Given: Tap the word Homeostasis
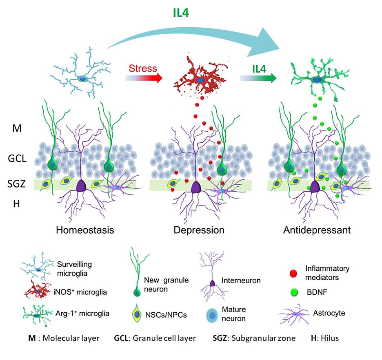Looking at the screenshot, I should pos(84,230).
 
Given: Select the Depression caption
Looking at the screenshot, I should pos(199,230).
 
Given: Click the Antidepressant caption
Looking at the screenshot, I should pos(317,230).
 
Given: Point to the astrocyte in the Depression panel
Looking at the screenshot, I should pos(222,190).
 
